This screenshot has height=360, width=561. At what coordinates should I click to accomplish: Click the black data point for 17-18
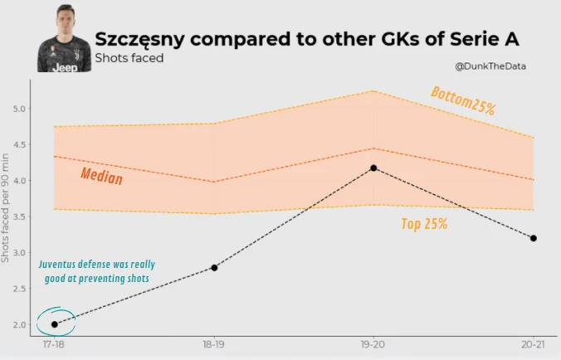[x=55, y=324]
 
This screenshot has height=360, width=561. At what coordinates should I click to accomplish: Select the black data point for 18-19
[x=214, y=267]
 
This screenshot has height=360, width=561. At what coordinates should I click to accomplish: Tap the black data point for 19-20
[x=373, y=168]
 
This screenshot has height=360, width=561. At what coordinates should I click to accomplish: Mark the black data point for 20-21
[x=533, y=238]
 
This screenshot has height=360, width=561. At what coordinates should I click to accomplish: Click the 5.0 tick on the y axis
[x=20, y=109]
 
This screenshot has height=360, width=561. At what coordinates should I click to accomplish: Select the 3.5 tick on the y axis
[x=20, y=216]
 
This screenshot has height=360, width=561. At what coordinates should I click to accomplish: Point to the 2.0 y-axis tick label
[x=20, y=324]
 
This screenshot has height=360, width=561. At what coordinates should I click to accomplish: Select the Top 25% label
[x=424, y=223]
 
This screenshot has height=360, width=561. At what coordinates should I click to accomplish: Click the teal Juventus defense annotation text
[x=96, y=272]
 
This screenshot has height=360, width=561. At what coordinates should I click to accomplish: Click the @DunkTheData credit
[x=490, y=66]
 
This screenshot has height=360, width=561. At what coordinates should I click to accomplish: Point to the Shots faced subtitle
[x=129, y=58]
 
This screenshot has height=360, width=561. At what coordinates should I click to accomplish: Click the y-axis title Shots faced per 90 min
[x=7, y=201]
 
